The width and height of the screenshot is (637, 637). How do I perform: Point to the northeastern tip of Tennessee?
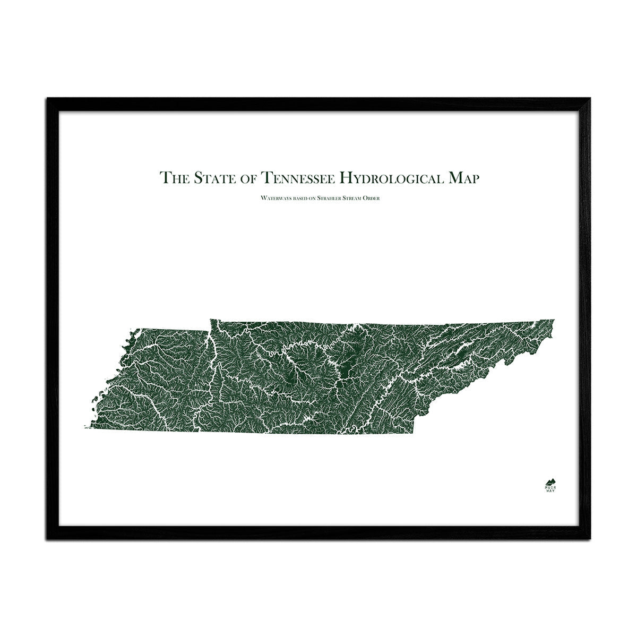point(554,320)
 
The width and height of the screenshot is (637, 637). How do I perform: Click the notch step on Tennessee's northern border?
point(210,331)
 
